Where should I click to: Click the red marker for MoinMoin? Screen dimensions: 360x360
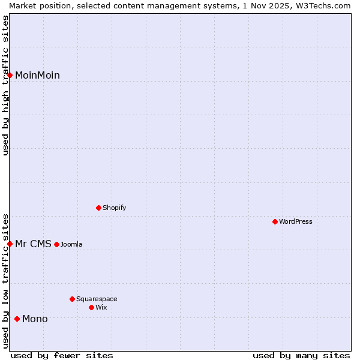(10, 75)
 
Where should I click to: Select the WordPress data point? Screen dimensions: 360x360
(275, 221)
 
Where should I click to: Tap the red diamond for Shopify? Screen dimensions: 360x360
(98, 208)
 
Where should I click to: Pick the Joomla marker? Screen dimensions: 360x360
(56, 244)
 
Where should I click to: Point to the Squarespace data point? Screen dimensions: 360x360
(72, 299)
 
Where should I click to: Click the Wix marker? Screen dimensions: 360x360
(91, 307)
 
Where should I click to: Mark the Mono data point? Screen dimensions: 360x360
(17, 319)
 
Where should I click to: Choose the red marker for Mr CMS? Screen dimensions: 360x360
(10, 244)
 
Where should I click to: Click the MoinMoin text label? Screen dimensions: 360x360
(37, 75)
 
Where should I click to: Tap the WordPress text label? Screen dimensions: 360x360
(296, 221)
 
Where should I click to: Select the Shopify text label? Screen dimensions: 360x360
(114, 208)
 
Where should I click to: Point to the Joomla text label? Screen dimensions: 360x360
(71, 244)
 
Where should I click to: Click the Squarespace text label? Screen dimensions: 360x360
(97, 299)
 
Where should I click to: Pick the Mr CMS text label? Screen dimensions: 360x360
(33, 244)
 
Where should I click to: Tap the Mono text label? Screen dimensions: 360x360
(35, 319)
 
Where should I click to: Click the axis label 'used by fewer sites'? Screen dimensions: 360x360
(62, 355)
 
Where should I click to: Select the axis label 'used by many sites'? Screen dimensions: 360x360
(301, 355)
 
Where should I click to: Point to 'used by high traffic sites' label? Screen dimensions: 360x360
(5, 85)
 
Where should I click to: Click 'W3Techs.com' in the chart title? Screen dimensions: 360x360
(321, 5)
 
